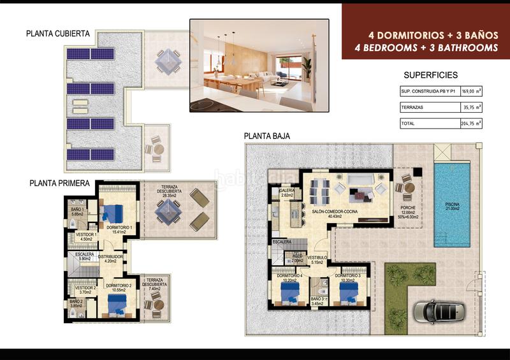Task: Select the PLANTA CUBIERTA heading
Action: [x=58, y=34]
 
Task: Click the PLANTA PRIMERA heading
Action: [x=59, y=183]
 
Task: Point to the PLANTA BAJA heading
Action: [x=267, y=136]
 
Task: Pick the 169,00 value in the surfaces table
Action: [x=468, y=91]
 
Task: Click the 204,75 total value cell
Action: [x=468, y=124]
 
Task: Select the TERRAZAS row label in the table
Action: [x=412, y=108]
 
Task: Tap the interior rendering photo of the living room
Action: [x=259, y=66]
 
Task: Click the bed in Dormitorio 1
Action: [x=115, y=212]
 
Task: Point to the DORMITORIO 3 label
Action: [x=349, y=275]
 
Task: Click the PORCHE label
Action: [x=408, y=208]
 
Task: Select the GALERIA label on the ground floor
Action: [x=286, y=190]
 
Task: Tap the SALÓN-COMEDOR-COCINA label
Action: [x=335, y=211]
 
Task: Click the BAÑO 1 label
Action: [x=77, y=210]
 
